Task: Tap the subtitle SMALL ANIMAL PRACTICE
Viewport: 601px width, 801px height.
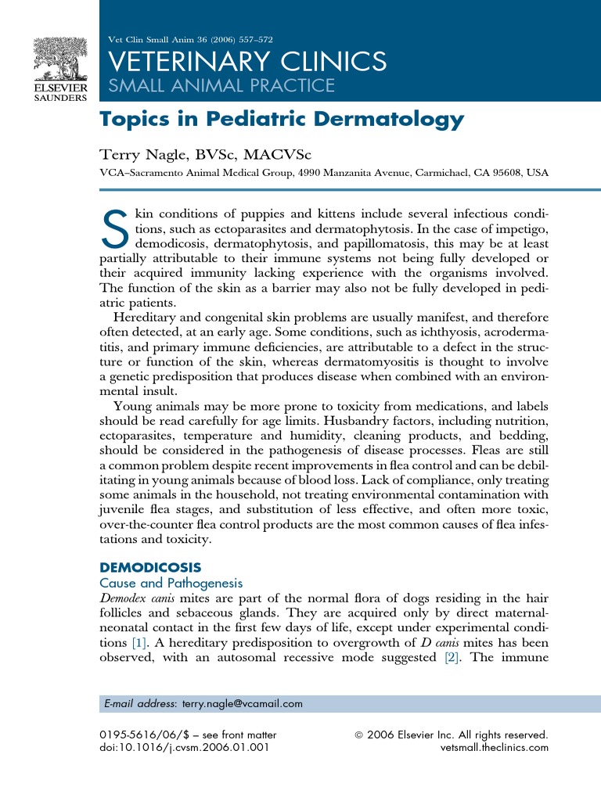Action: (x=220, y=85)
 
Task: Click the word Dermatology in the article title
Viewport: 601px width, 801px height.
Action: (x=393, y=120)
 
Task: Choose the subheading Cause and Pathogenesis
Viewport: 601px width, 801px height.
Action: (x=170, y=583)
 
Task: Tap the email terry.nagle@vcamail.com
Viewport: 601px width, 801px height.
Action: (x=242, y=703)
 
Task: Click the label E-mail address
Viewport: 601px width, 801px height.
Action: (x=140, y=703)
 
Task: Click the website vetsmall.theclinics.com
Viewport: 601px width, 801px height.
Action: (x=495, y=747)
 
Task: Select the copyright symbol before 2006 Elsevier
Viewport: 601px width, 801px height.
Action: (x=360, y=735)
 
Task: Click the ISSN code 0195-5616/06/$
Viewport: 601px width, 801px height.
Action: (x=143, y=735)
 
